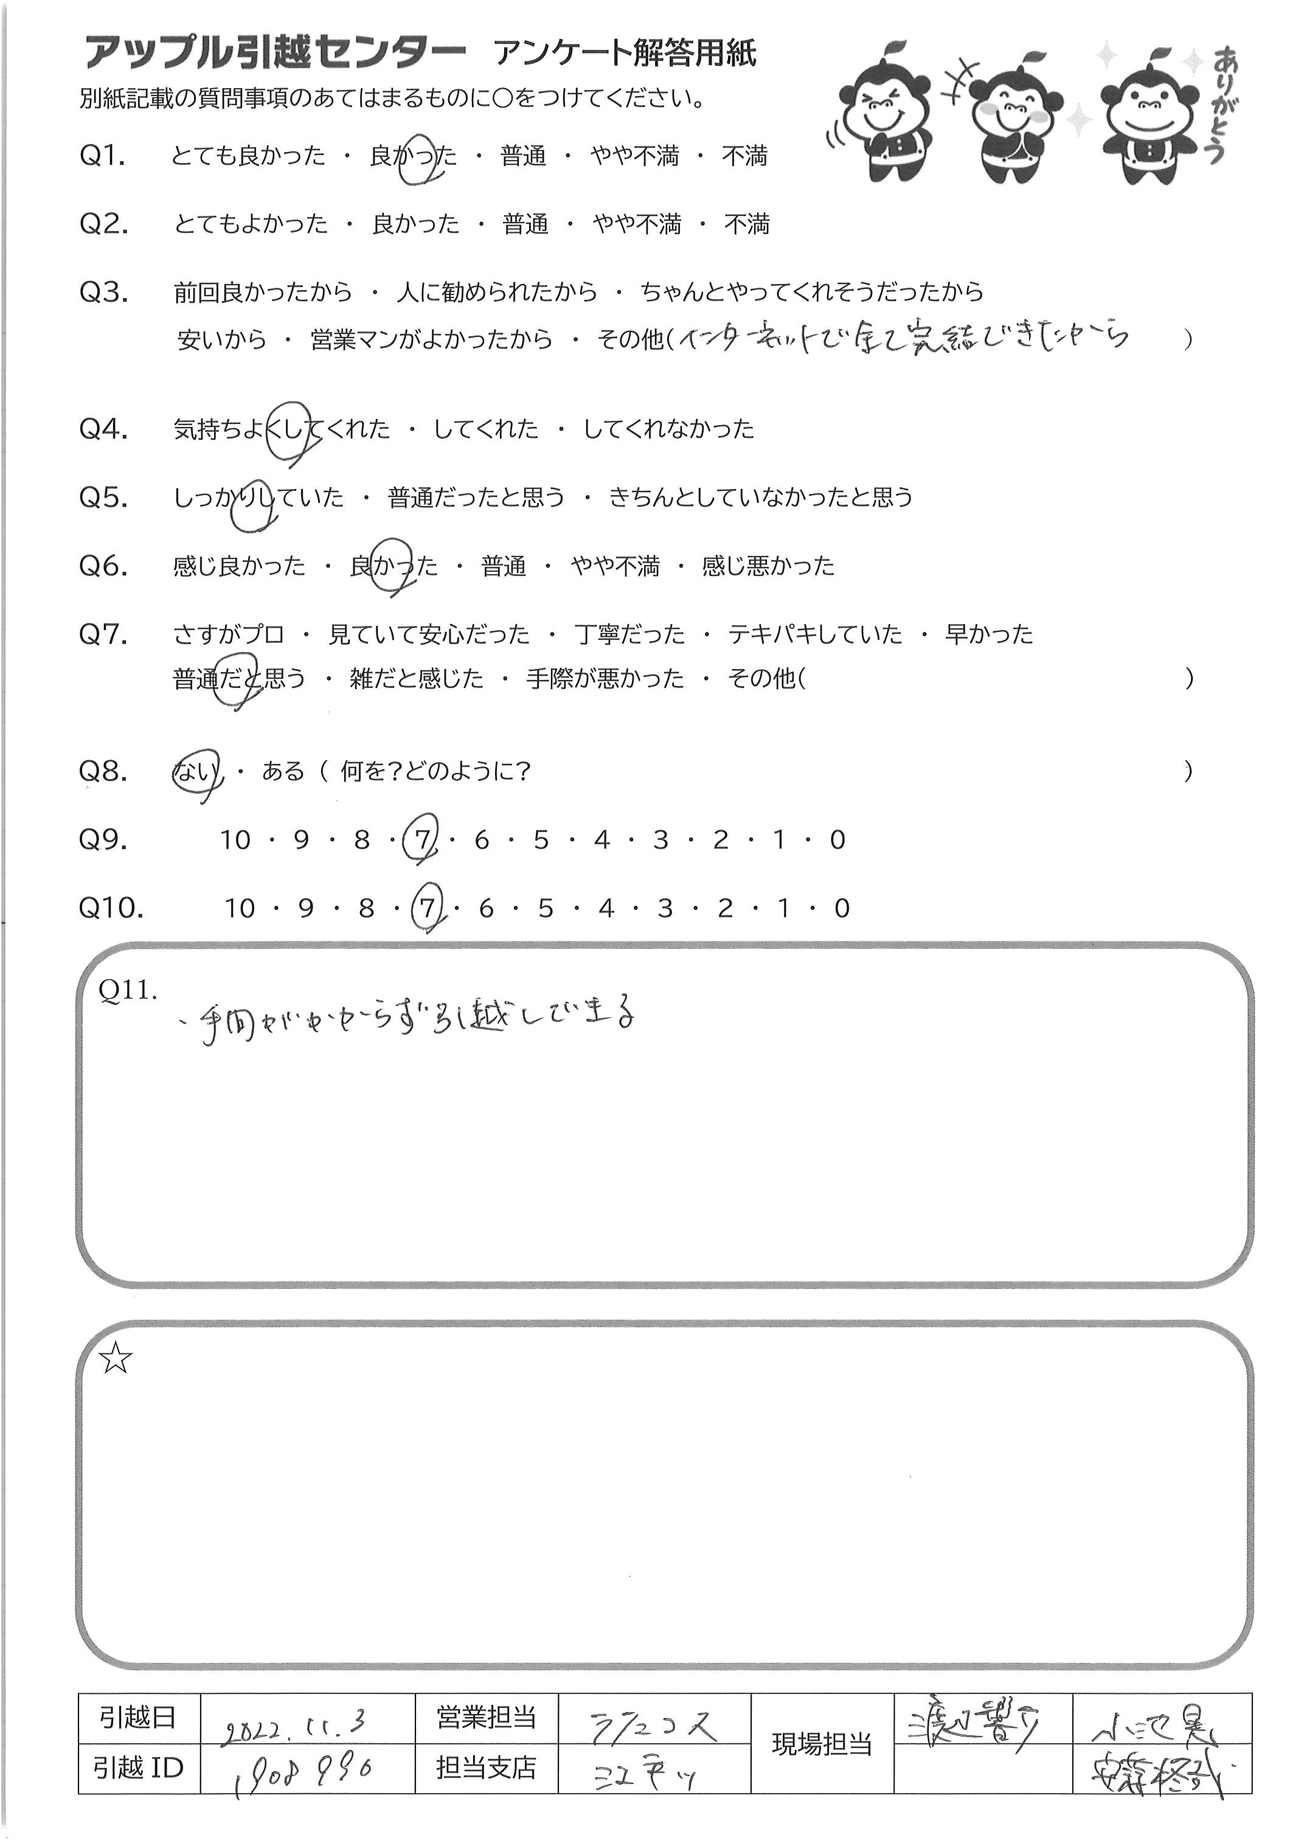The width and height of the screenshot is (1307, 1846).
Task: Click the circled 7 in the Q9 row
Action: click(x=421, y=840)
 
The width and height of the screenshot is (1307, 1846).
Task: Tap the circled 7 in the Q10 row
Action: click(x=426, y=909)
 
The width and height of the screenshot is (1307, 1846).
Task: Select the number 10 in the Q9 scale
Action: click(x=236, y=840)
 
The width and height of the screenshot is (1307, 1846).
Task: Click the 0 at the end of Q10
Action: click(x=842, y=909)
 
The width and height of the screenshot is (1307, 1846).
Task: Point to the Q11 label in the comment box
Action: click(x=127, y=991)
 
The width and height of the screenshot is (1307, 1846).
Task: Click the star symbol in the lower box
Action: click(x=116, y=1361)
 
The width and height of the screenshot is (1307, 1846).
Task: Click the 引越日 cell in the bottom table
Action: click(x=139, y=1719)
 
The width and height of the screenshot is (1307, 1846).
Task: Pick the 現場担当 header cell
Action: click(x=822, y=1744)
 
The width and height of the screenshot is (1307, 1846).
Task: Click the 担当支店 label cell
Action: click(x=486, y=1768)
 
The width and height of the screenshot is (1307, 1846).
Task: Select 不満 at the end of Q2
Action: click(x=747, y=224)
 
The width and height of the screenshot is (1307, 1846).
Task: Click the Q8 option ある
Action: click(x=282, y=772)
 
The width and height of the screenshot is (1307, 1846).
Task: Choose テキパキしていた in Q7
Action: click(x=815, y=635)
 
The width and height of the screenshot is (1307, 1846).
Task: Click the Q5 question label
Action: click(x=104, y=498)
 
